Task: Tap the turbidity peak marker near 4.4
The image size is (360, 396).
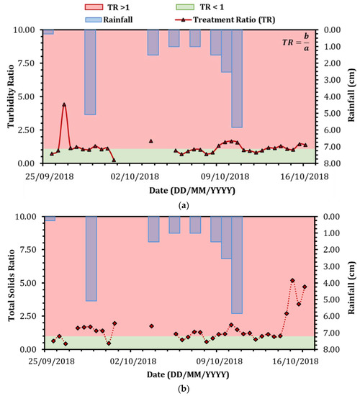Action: [x=64, y=105]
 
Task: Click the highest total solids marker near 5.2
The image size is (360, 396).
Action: [x=292, y=280]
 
